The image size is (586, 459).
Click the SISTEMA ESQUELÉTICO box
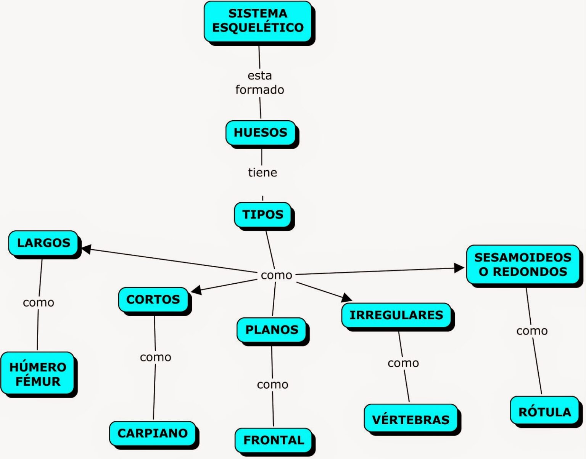click(258, 21)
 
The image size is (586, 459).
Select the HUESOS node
click(261, 133)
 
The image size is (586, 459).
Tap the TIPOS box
click(263, 215)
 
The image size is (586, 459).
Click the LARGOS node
click(43, 243)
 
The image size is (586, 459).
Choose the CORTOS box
click(153, 299)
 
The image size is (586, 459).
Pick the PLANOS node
click(272, 330)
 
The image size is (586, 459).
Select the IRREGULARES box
click(396, 315)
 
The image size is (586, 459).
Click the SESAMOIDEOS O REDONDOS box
click(523, 264)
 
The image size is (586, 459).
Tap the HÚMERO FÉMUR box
click(38, 374)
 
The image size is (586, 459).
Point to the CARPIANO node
click(153, 433)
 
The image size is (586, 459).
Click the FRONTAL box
click(274, 440)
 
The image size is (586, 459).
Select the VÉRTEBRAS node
click(411, 419)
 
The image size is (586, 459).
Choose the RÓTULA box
click(545, 412)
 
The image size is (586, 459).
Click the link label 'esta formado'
click(260, 82)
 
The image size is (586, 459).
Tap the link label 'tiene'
click(262, 172)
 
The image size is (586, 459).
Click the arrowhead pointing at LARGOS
click(86, 249)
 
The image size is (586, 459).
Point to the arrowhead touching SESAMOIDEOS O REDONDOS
click(459, 268)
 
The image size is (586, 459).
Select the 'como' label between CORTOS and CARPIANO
click(156, 357)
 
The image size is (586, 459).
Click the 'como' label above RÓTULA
click(532, 331)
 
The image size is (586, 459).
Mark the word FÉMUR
click(38, 381)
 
